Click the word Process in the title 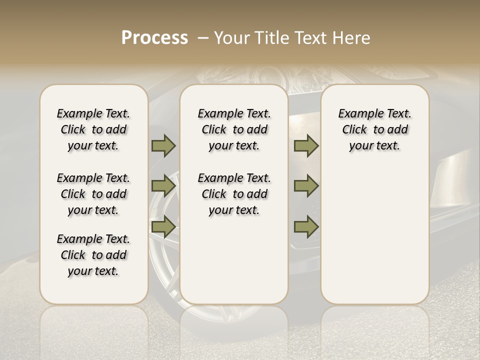[154, 38]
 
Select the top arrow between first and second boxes [163, 145]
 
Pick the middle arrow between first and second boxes [163, 186]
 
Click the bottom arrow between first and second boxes [163, 226]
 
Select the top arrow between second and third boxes [306, 145]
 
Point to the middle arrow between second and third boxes [306, 186]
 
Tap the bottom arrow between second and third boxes [306, 226]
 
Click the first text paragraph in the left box [93, 129]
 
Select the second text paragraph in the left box [93, 194]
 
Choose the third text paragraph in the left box [93, 255]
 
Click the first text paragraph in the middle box [234, 129]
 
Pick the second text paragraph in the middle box [234, 194]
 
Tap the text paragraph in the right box [374, 129]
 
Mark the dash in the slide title [203, 38]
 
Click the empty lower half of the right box [374, 240]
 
